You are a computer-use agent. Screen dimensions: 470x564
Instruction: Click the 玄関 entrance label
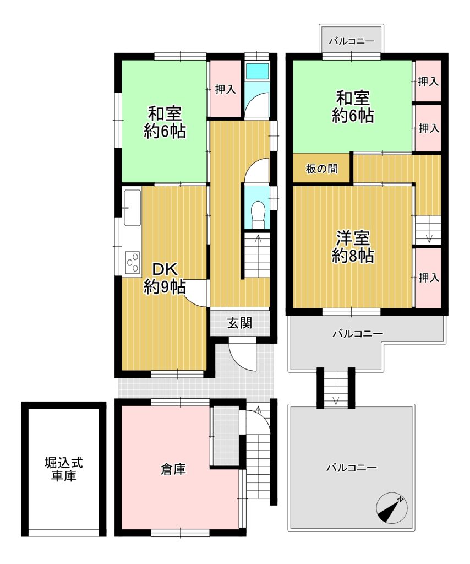pyautogui.click(x=239, y=323)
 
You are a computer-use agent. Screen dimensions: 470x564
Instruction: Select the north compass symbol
pyautogui.click(x=392, y=508)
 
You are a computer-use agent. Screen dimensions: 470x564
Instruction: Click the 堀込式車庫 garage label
pyautogui.click(x=64, y=469)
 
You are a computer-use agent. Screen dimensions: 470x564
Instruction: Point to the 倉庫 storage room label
pyautogui.click(x=173, y=469)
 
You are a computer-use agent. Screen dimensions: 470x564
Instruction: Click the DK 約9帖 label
pyautogui.click(x=165, y=278)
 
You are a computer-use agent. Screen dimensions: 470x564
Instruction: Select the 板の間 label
pyautogui.click(x=321, y=169)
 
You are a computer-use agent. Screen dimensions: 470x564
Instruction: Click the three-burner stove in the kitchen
pyautogui.click(x=132, y=263)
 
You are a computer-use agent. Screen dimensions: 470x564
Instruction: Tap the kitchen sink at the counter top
pyautogui.click(x=132, y=208)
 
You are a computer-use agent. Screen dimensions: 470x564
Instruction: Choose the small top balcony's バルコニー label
pyautogui.click(x=352, y=41)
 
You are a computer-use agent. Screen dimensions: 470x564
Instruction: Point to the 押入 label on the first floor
pyautogui.click(x=225, y=89)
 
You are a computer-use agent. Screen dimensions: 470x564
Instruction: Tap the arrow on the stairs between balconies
pyautogui.click(x=336, y=400)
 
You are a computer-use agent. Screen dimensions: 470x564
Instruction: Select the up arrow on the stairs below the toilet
pyautogui.click(x=257, y=239)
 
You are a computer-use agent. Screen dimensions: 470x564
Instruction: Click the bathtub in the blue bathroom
pyautogui.click(x=257, y=71)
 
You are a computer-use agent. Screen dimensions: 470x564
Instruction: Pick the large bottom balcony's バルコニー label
pyautogui.click(x=352, y=468)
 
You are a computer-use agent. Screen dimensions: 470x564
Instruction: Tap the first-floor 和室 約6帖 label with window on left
pyautogui.click(x=165, y=122)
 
